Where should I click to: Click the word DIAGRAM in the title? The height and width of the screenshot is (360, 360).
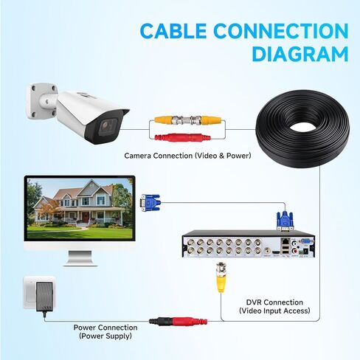pyautogui.click(x=300, y=53)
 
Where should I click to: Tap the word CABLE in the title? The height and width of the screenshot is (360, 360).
pyautogui.click(x=173, y=31)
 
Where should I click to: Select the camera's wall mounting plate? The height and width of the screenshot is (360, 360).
pyautogui.click(x=41, y=101)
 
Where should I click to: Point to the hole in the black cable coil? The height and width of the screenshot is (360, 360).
pyautogui.click(x=303, y=128)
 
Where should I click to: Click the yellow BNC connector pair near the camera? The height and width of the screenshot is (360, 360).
pyautogui.click(x=188, y=120)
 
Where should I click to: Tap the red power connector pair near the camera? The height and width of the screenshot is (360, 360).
pyautogui.click(x=182, y=137)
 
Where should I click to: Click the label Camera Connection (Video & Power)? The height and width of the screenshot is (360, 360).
pyautogui.click(x=187, y=156)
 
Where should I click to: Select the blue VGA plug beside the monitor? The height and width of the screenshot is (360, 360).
pyautogui.click(x=150, y=203)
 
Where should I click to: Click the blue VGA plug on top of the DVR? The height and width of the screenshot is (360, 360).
pyautogui.click(x=285, y=221)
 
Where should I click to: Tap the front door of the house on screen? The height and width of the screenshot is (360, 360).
pyautogui.click(x=86, y=217)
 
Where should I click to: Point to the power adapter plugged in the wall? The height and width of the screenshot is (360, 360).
pyautogui.click(x=44, y=297)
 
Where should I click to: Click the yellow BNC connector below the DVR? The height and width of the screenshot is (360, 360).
pyautogui.click(x=221, y=277)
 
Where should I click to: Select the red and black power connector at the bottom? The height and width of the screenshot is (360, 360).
pyautogui.click(x=178, y=321)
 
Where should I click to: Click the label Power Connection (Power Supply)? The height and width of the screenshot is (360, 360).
pyautogui.click(x=105, y=332)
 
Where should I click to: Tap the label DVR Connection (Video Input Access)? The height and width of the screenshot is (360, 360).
pyautogui.click(x=274, y=306)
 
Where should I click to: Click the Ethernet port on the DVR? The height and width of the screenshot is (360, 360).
pyautogui.click(x=285, y=241)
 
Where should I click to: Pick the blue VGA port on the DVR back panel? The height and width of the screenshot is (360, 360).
pyautogui.click(x=306, y=241)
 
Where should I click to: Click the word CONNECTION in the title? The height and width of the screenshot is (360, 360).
pyautogui.click(x=281, y=31)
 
